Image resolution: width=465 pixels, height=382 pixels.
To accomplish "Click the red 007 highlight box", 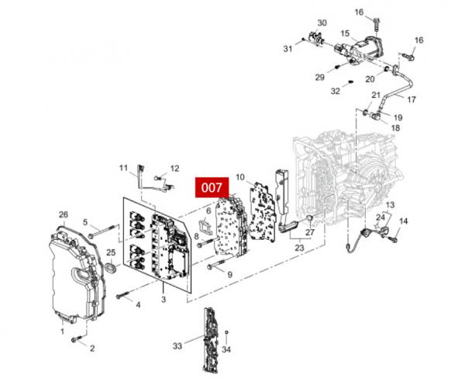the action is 212,187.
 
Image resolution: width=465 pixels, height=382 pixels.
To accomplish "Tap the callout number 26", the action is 64,214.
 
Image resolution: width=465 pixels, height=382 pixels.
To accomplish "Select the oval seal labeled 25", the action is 111,266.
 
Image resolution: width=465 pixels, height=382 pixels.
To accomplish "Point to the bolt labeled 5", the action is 102,231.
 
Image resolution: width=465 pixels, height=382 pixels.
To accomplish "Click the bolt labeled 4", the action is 123,295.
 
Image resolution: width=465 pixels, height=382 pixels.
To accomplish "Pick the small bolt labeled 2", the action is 76,339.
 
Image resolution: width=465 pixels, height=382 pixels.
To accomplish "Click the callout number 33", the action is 177,346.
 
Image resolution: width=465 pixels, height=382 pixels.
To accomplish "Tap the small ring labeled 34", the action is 226,332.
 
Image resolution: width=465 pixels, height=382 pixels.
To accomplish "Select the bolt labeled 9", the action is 217,265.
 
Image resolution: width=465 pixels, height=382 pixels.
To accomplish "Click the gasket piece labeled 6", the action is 206,227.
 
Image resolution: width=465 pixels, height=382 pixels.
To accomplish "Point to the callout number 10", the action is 240,177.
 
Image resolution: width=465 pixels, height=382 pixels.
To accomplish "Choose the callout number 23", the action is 299,248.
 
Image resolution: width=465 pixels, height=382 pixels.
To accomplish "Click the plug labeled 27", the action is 308,219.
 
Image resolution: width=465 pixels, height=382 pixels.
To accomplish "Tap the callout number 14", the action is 403,221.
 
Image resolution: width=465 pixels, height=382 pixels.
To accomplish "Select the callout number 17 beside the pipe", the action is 412,99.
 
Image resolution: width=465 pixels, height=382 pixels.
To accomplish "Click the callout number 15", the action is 345,33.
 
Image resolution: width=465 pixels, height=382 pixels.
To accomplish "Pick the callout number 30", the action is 322,23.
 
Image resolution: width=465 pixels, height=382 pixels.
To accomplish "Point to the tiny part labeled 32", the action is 350,81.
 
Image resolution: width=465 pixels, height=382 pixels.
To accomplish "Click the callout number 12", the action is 174,168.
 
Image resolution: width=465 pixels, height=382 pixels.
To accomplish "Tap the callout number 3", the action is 164,300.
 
